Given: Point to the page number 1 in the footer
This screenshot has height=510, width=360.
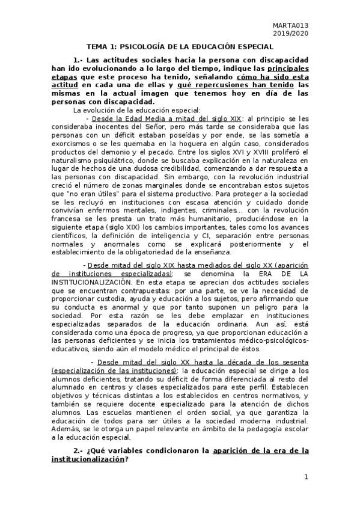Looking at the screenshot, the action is click(306, 478).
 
